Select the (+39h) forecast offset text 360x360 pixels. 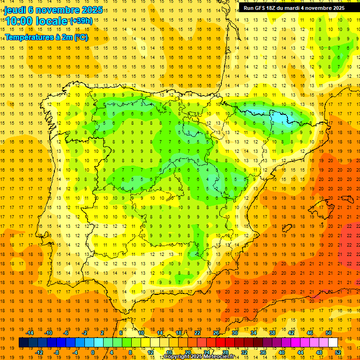point(81,21)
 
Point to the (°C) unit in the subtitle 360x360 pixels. point(81,37)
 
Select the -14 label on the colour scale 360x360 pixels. point(30,333)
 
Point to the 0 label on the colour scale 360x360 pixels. point(93,352)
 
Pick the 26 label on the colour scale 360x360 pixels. point(216,333)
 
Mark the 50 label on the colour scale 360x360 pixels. point(328,333)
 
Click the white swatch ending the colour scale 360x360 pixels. point(333,343)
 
